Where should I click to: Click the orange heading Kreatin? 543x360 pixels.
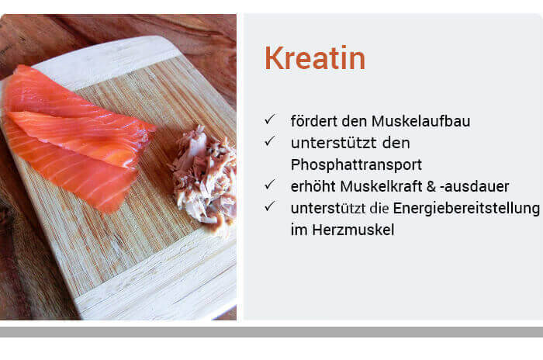[x=315, y=58]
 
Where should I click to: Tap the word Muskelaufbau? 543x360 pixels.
[x=420, y=121]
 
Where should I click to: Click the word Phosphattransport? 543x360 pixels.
[x=356, y=165]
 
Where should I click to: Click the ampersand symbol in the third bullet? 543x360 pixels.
[x=431, y=186]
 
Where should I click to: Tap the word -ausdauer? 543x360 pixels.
[x=475, y=186]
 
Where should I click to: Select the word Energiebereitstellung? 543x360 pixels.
[x=466, y=209]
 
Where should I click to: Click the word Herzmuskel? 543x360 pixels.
[x=353, y=230]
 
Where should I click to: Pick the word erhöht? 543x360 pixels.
[x=313, y=186]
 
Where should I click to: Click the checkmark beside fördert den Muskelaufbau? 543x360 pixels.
[x=269, y=119]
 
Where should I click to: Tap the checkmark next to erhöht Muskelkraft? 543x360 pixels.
[x=269, y=185]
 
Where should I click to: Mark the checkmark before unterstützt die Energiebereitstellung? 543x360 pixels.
[x=269, y=206]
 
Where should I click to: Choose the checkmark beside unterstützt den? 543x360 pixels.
[x=269, y=141]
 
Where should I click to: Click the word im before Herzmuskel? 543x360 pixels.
[x=299, y=230]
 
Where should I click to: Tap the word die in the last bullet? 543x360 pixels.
[x=379, y=209]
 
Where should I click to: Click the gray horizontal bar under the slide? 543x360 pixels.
[x=271, y=332]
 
